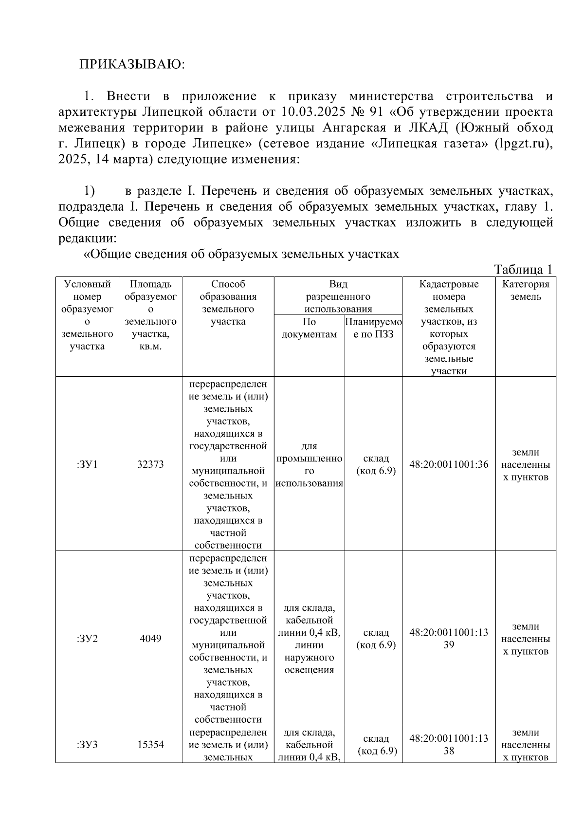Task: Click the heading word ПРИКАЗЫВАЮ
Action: click(x=132, y=65)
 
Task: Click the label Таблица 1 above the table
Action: click(x=523, y=270)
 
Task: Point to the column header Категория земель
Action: click(x=526, y=291)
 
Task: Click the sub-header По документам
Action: click(x=309, y=328)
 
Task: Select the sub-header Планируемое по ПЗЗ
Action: click(x=373, y=328)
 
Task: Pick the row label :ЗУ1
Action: click(x=87, y=464)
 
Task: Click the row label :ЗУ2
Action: click(x=87, y=639)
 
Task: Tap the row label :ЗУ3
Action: click(x=87, y=745)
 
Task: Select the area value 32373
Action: click(x=150, y=464)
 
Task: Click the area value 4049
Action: click(x=150, y=639)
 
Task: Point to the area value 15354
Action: click(x=150, y=745)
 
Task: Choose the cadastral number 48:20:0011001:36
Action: click(x=449, y=464)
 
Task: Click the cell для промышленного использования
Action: click(x=309, y=465)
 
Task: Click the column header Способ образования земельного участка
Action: click(x=228, y=303)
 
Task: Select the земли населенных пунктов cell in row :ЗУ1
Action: click(x=526, y=465)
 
